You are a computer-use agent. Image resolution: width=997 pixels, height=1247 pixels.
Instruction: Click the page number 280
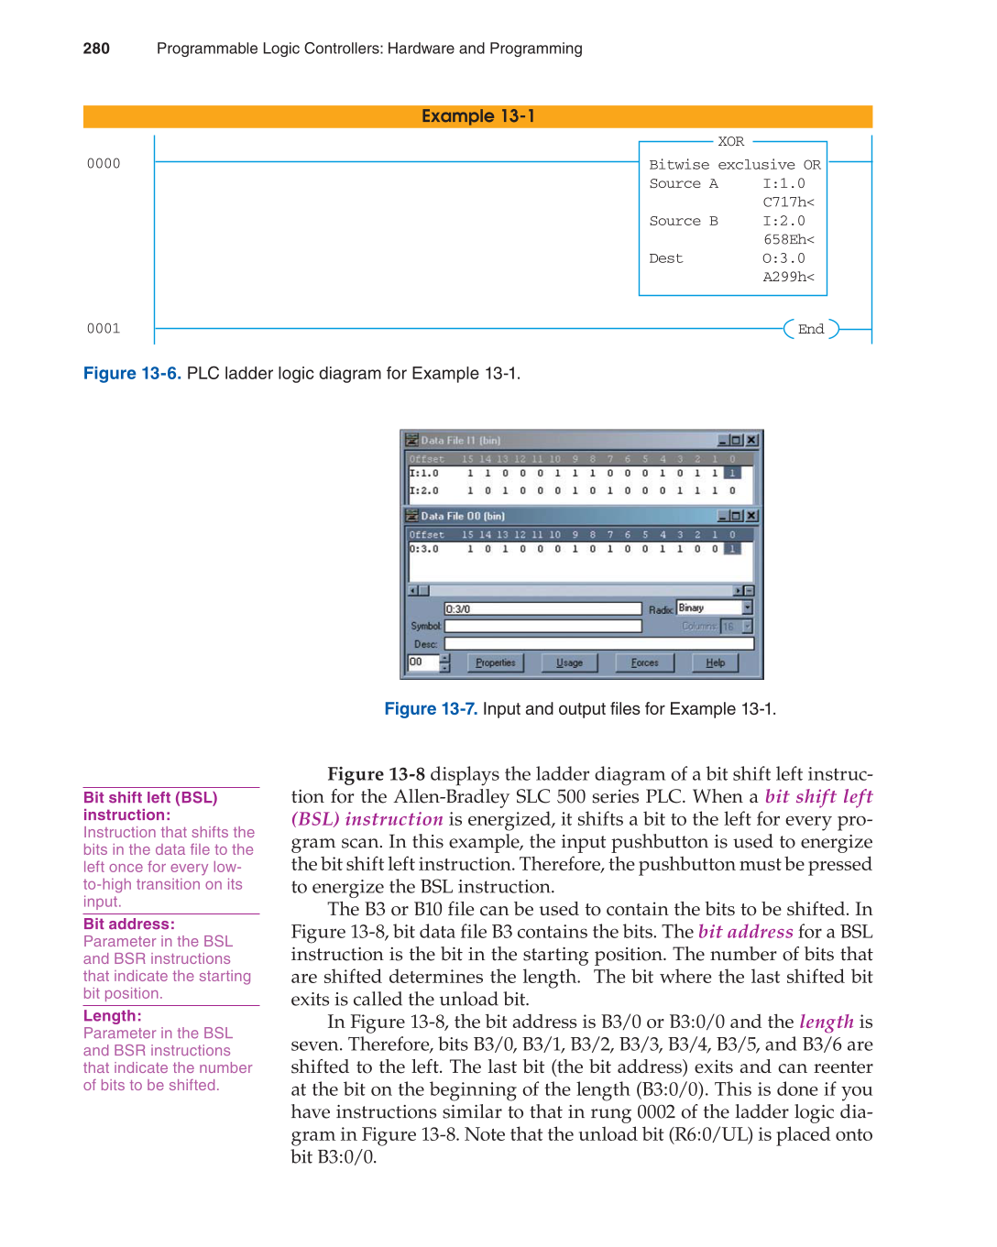click(x=96, y=49)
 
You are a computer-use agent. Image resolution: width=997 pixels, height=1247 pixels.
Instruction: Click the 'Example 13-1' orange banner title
click(x=477, y=116)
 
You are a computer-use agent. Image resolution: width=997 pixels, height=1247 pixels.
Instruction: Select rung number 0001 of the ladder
click(x=104, y=329)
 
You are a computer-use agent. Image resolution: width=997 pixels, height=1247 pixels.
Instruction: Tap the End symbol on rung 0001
click(x=811, y=329)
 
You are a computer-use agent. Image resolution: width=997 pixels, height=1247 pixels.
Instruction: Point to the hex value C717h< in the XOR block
click(x=788, y=202)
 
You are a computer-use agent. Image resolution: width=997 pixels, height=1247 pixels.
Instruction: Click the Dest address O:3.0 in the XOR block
click(x=783, y=258)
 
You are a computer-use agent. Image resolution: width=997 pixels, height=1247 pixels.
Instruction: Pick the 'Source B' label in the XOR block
click(x=683, y=221)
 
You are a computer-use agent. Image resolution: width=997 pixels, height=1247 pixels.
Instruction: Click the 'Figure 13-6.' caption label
click(x=132, y=374)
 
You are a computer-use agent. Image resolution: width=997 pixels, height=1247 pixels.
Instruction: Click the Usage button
click(x=569, y=662)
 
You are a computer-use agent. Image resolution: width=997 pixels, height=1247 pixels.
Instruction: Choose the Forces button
click(x=644, y=662)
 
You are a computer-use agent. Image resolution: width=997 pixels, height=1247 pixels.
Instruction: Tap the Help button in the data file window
click(x=715, y=662)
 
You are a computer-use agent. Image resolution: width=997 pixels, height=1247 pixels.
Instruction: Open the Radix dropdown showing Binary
click(x=747, y=607)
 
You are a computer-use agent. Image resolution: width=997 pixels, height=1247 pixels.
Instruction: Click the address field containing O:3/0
click(x=542, y=608)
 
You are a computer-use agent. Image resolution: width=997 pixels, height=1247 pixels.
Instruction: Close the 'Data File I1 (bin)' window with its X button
click(x=751, y=441)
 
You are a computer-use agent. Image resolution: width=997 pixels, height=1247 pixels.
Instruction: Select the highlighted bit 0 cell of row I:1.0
click(x=732, y=474)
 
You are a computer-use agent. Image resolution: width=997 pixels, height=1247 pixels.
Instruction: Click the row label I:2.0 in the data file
click(x=424, y=490)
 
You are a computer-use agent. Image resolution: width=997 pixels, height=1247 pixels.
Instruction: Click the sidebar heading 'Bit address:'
click(x=128, y=924)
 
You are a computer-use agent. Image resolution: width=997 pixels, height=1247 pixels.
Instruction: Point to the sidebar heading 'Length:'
click(x=112, y=1015)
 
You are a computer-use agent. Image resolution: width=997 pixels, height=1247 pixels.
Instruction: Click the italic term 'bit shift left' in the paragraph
click(x=818, y=796)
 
